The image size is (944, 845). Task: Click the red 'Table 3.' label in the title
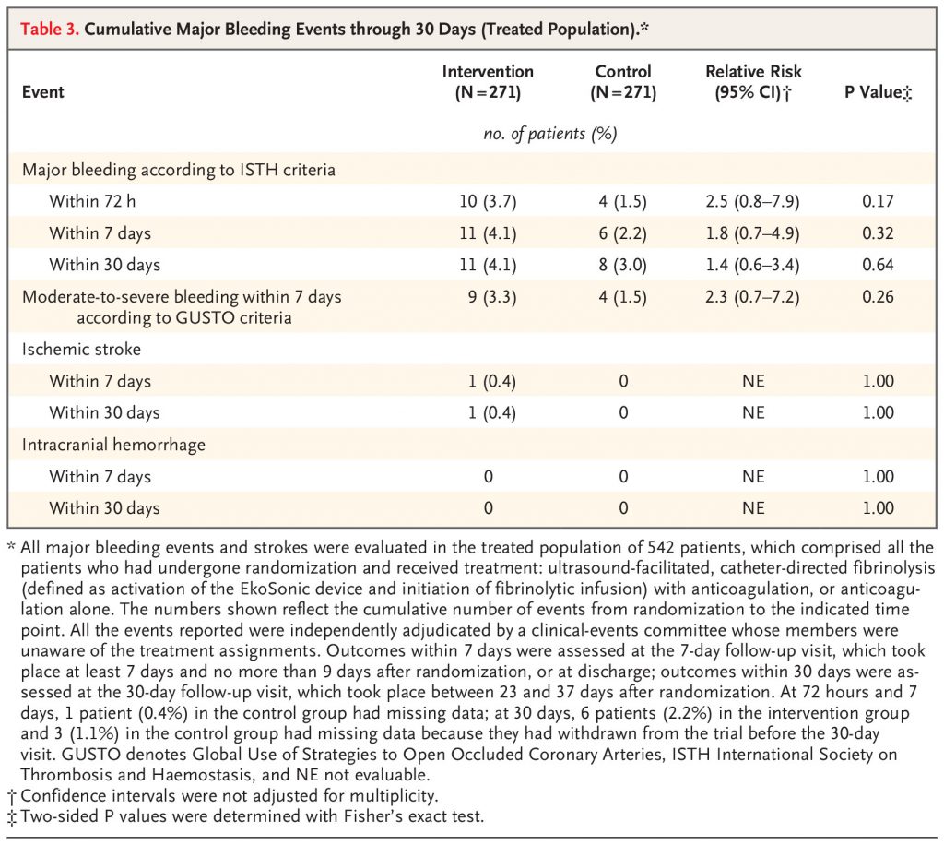pyautogui.click(x=50, y=29)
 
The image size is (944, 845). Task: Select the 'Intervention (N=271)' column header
pyautogui.click(x=488, y=82)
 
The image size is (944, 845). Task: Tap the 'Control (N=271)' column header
pyautogui.click(x=623, y=82)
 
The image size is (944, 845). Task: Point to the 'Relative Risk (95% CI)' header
pyautogui.click(x=753, y=82)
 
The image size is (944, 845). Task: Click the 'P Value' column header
pyautogui.click(x=878, y=92)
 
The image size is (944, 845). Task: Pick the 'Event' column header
pyautogui.click(x=42, y=92)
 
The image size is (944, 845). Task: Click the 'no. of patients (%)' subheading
pyautogui.click(x=550, y=134)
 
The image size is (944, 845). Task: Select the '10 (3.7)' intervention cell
pyautogui.click(x=488, y=201)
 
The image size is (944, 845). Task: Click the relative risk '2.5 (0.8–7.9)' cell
pyautogui.click(x=752, y=201)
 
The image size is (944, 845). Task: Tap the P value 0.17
pyautogui.click(x=878, y=201)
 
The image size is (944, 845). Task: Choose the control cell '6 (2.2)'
pyautogui.click(x=622, y=233)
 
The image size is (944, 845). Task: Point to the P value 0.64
pyautogui.click(x=878, y=265)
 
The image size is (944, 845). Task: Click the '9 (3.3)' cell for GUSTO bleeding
pyautogui.click(x=492, y=297)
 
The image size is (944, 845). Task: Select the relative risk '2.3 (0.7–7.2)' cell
pyautogui.click(x=752, y=297)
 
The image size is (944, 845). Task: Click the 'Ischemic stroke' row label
pyautogui.click(x=81, y=350)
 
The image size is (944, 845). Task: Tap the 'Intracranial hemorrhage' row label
pyautogui.click(x=113, y=445)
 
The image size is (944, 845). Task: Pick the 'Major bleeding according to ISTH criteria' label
pyautogui.click(x=178, y=170)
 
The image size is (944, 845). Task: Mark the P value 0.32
pyautogui.click(x=878, y=233)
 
